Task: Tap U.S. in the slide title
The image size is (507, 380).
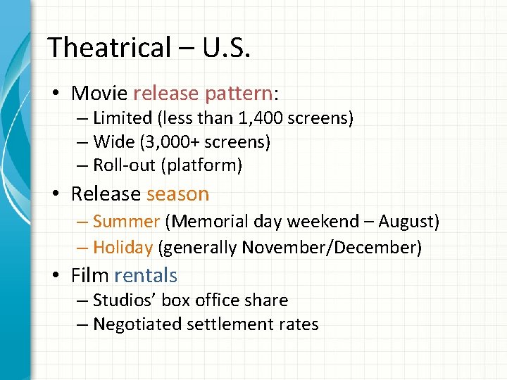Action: point(226,48)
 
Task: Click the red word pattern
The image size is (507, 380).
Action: point(238,93)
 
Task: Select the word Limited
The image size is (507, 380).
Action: point(123,118)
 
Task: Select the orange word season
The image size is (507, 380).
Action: point(177,194)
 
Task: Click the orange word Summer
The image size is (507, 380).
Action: point(126,222)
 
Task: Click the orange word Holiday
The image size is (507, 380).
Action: point(123,247)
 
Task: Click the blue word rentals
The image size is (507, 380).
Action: point(146,275)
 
